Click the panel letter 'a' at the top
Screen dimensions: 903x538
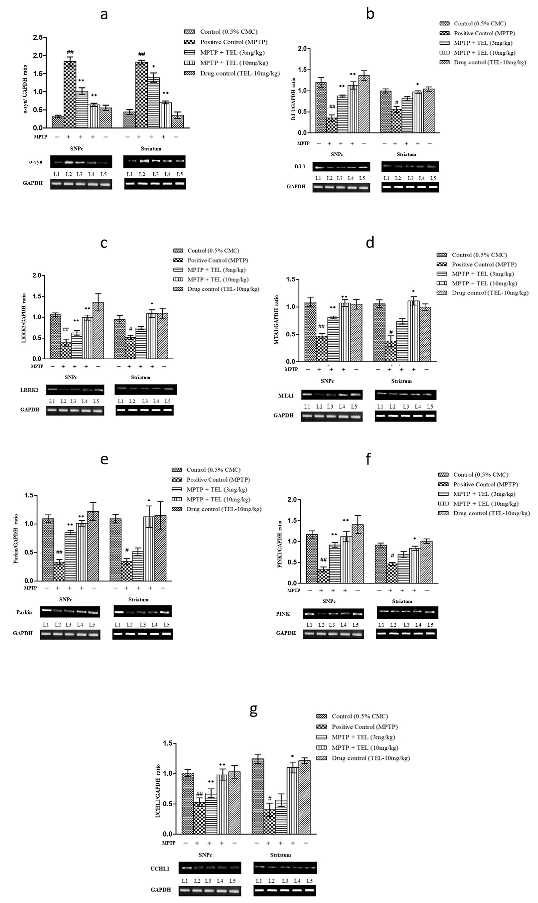click(x=104, y=15)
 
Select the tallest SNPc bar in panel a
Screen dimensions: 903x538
click(x=70, y=94)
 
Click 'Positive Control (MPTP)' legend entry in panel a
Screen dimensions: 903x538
click(x=233, y=42)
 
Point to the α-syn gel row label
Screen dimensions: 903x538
click(x=36, y=162)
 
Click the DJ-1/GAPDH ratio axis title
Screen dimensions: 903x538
click(x=294, y=99)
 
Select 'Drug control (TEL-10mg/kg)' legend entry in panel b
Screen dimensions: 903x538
click(x=489, y=62)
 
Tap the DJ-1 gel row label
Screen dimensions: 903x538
click(x=300, y=167)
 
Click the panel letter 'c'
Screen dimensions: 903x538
click(x=104, y=243)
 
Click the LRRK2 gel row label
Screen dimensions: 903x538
click(x=29, y=390)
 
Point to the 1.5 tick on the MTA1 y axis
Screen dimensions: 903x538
click(x=290, y=280)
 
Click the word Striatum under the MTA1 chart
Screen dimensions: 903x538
click(x=401, y=381)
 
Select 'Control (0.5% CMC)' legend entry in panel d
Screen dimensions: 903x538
click(x=479, y=255)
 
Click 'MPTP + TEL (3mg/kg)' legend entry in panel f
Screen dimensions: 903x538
click(x=484, y=494)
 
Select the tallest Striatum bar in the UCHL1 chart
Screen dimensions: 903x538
click(x=258, y=796)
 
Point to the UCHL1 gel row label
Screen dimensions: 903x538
click(x=160, y=869)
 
